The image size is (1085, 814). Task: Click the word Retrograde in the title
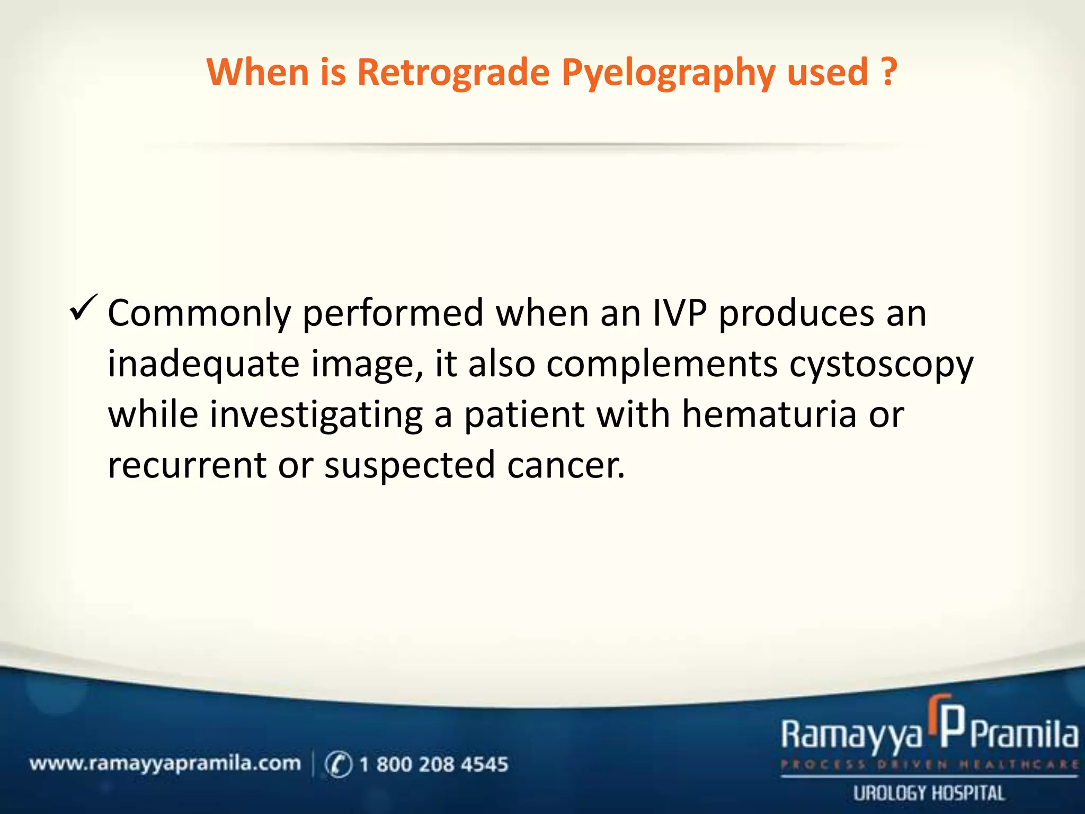453,72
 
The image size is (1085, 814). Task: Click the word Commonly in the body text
199,314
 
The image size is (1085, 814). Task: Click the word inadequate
203,365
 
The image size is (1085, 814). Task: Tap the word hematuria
769,414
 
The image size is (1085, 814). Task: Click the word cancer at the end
565,465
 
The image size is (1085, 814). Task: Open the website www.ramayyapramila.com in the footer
165,764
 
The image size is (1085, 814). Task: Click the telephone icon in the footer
338,764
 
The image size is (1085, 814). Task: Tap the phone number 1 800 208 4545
433,764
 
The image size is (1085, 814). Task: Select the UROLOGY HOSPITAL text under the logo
929,793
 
